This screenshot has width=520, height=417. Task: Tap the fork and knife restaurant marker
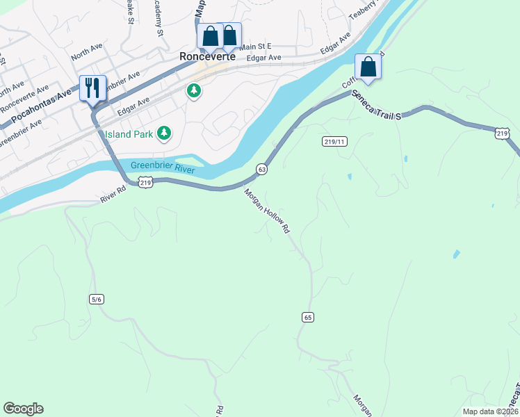[x=92, y=88]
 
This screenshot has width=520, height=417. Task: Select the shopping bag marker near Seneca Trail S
[x=368, y=67]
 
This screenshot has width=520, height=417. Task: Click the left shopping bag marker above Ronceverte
[x=210, y=36]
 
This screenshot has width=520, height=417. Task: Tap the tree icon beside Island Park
[x=164, y=132]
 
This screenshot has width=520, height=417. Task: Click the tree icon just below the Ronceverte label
[x=193, y=90]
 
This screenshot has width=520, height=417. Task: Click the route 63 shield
[x=261, y=169]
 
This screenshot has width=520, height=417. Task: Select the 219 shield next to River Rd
[x=145, y=182]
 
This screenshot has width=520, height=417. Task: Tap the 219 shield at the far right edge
[x=503, y=133]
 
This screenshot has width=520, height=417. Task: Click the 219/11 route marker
[x=334, y=142]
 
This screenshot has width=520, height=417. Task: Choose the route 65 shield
[x=309, y=317]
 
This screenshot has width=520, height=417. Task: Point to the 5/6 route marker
[x=96, y=299]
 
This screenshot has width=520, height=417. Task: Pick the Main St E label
[x=254, y=47]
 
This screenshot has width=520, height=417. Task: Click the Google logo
[x=23, y=409]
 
